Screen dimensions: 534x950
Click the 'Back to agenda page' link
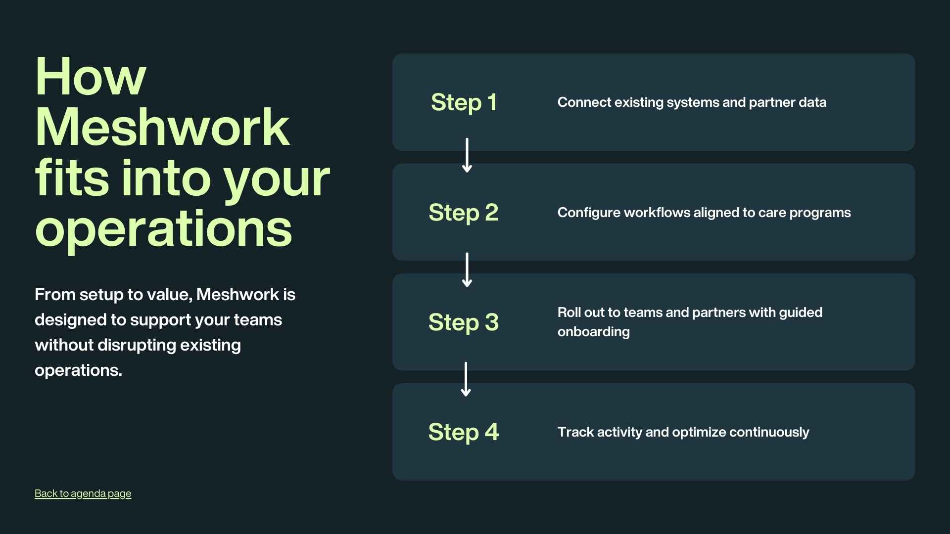coord(83,493)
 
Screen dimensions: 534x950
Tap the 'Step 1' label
coord(464,102)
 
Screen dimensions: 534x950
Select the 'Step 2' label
coord(464,213)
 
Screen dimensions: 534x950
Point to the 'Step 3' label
coord(464,322)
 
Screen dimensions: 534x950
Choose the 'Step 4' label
coord(464,432)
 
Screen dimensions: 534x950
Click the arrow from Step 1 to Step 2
coord(467,156)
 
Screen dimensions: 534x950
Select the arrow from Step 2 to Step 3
coord(467,270)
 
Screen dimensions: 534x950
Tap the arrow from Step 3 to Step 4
coord(466,379)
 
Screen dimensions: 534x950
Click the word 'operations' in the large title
coord(163,229)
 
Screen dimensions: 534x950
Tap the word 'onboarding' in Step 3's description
coord(593,332)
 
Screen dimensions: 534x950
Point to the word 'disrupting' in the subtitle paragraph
coord(137,345)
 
